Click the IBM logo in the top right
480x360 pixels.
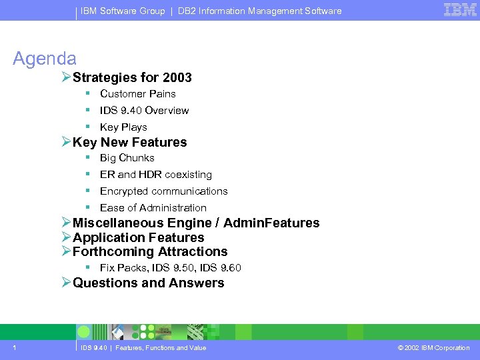[x=460, y=10]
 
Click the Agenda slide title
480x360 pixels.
[x=45, y=59]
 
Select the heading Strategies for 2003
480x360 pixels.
[x=132, y=77]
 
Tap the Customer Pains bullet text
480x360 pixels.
[x=137, y=94]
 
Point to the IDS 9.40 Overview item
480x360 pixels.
[x=144, y=111]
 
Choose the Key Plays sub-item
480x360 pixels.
[x=123, y=127]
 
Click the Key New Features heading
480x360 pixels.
[x=129, y=142]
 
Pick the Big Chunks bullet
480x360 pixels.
[x=127, y=158]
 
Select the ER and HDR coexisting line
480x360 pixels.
[x=155, y=175]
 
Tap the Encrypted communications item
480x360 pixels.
[x=163, y=191]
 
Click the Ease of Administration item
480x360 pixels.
[x=153, y=208]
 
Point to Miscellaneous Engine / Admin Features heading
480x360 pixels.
[x=195, y=223]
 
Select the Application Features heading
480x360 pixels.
[x=138, y=237]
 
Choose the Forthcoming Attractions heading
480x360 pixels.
[x=150, y=251]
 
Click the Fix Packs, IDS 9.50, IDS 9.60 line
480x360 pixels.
[x=170, y=268]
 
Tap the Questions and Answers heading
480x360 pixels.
[x=148, y=283]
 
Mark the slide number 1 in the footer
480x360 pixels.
[x=14, y=347]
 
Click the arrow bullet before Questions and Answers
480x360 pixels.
[x=66, y=283]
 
